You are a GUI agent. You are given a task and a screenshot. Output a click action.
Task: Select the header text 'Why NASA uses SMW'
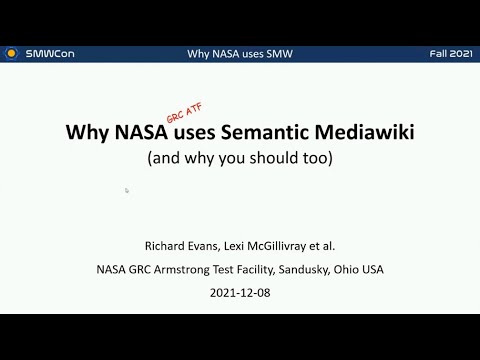(x=239, y=53)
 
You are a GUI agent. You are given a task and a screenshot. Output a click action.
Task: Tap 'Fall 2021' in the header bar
(x=447, y=53)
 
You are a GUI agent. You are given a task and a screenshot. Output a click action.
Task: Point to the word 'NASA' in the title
(x=134, y=133)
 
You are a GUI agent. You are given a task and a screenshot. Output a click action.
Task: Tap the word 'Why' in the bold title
(x=85, y=133)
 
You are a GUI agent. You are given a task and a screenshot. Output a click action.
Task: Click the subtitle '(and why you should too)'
(x=239, y=158)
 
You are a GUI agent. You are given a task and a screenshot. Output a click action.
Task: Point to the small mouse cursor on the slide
(x=127, y=189)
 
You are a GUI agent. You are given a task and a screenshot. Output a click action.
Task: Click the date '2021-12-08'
(x=240, y=294)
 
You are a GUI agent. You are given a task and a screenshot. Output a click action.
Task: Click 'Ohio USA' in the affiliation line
(x=361, y=269)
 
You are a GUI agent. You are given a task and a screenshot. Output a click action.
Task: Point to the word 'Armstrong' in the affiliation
(x=192, y=269)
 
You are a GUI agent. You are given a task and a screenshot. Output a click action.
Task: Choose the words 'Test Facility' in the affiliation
(x=253, y=269)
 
